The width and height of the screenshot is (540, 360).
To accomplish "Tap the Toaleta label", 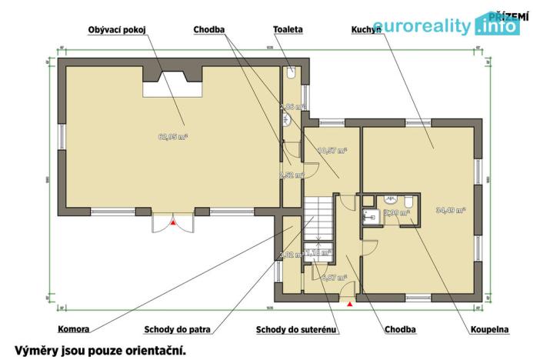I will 288,29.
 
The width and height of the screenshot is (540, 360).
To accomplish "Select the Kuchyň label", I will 366,29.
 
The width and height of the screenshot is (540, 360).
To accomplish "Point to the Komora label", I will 73,329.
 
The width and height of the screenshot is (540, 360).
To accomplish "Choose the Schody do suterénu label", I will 297,329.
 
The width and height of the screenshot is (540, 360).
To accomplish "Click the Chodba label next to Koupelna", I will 399,329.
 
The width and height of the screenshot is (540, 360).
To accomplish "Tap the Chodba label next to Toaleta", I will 209,29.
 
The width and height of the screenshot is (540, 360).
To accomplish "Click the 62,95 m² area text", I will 173,137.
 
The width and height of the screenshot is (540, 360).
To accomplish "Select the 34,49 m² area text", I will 452,209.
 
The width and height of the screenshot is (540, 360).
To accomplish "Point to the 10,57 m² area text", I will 332,151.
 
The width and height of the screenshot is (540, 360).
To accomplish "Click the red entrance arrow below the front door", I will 351,305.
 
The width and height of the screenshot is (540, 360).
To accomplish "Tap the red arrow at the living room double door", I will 175,222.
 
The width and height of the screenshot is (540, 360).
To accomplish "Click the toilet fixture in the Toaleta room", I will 291,74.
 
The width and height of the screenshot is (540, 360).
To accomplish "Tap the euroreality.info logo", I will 447,27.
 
